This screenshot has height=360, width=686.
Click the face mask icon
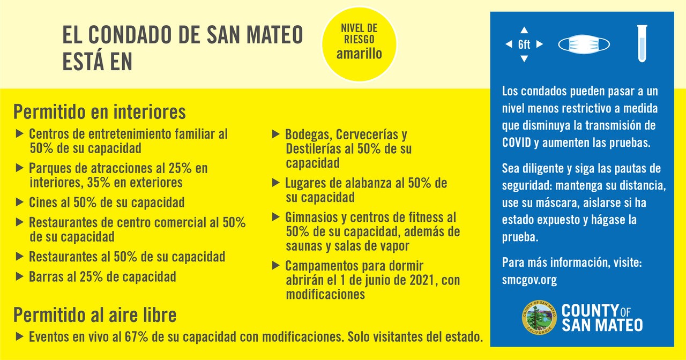click(x=584, y=44)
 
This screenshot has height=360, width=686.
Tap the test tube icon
click(x=642, y=43)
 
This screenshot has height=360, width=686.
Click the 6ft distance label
click(x=524, y=44)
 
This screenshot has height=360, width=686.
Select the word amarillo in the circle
click(x=359, y=54)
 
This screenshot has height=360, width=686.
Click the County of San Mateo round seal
click(x=539, y=317)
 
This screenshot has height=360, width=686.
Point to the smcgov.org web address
click(x=529, y=280)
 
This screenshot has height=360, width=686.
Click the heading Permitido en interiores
click(x=100, y=112)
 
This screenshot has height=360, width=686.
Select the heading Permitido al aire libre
click(x=95, y=314)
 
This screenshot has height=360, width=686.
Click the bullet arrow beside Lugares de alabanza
click(x=276, y=183)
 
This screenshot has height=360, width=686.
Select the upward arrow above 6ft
click(x=524, y=30)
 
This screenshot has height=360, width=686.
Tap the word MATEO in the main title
click(x=275, y=35)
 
